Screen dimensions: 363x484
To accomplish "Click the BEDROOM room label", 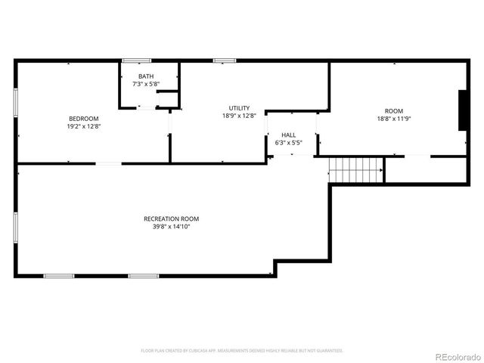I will (84, 119).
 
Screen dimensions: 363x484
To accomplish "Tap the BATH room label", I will (145, 76).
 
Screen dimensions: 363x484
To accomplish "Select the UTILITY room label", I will (239, 108).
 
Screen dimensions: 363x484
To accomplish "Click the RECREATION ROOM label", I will (171, 219).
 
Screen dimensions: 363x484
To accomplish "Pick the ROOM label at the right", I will (394, 110).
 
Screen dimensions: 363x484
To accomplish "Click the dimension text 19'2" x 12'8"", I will (84, 127).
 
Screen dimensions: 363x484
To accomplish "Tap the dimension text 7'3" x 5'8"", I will (145, 84).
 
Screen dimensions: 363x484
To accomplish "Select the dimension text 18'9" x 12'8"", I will (239, 116).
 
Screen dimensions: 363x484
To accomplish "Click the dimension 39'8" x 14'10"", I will (171, 226).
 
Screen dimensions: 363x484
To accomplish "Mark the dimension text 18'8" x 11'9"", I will (394, 119).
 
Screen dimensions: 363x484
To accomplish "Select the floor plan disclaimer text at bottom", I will (242, 351).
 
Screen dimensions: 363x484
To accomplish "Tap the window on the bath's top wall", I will (136, 60).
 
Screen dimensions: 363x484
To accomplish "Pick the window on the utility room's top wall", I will (224, 60).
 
